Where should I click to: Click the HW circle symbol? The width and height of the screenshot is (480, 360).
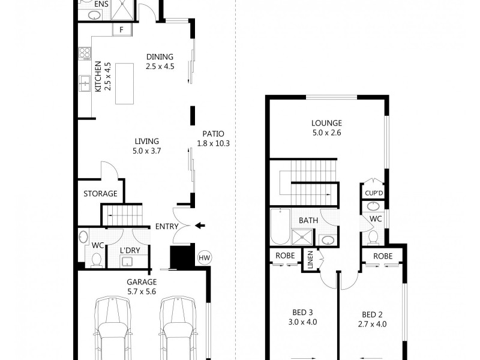click(205, 258)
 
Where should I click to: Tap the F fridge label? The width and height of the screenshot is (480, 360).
click(122, 29)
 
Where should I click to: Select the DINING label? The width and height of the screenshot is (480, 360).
click(160, 58)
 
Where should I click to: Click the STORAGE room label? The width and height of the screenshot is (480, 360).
click(100, 194)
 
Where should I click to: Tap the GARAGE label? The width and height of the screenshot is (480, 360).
click(142, 282)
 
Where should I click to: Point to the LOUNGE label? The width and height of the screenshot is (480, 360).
click(326, 124)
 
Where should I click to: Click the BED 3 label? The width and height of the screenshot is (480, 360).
click(303, 313)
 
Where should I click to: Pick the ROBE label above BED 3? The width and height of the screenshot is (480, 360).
click(284, 255)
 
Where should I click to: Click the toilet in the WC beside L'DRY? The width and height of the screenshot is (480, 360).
click(96, 260)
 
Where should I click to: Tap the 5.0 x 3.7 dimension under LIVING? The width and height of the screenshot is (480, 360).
click(146, 151)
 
